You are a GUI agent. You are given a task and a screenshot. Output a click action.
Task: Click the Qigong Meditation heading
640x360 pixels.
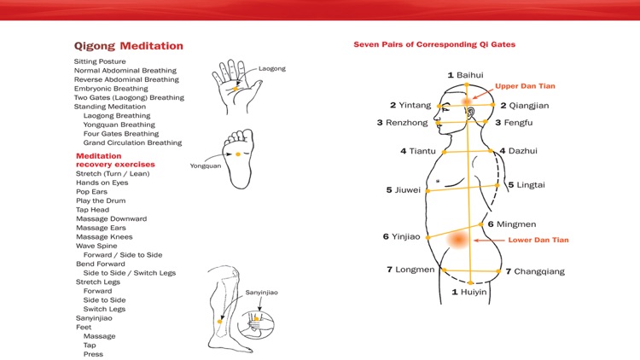(x=128, y=46)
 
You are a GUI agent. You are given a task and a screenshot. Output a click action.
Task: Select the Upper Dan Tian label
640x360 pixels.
(x=526, y=86)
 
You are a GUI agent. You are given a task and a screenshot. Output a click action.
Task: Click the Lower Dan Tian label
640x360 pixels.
(x=538, y=241)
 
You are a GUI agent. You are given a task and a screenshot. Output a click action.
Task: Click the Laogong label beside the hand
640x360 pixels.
(x=272, y=67)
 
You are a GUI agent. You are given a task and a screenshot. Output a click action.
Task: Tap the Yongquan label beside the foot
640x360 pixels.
(x=205, y=165)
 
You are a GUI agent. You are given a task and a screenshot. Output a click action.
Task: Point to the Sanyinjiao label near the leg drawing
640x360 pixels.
(x=261, y=293)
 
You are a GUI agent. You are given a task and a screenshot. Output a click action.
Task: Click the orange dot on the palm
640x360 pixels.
(x=236, y=89)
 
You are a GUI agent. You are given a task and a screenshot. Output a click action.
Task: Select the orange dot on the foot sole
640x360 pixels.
(x=237, y=154)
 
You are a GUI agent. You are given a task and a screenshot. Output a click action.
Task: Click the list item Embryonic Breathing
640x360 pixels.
(x=111, y=89)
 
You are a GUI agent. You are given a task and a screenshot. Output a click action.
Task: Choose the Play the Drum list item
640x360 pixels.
(x=101, y=200)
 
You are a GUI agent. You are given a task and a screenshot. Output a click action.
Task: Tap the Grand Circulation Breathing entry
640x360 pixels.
(x=132, y=142)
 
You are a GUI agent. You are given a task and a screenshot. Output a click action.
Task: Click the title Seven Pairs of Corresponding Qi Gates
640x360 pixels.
(x=434, y=44)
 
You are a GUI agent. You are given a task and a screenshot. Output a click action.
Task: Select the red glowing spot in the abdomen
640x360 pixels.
(x=459, y=240)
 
